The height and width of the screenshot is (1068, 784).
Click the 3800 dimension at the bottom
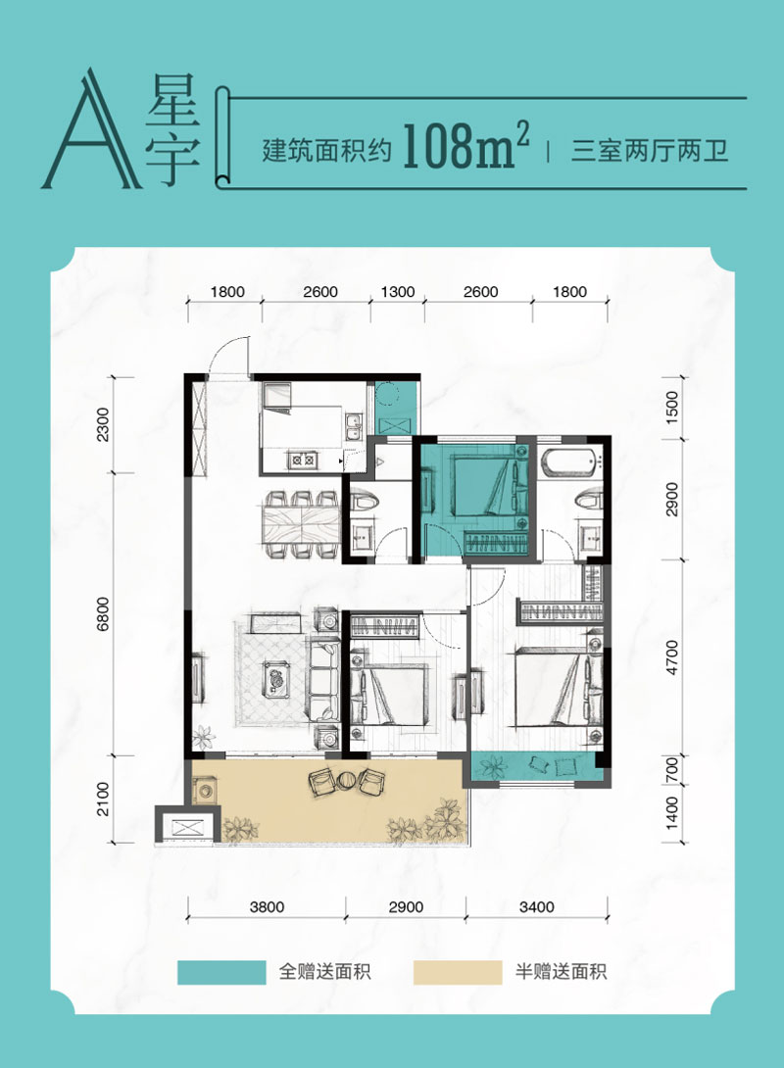coord(266,907)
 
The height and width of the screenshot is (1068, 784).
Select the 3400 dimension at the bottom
coord(537,907)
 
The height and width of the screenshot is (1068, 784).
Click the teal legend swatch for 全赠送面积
coord(221,972)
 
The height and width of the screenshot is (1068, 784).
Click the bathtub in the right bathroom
coord(570,460)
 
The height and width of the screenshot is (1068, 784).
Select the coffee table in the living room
coord(277,675)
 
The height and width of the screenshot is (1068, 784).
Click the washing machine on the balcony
coord(205,790)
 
